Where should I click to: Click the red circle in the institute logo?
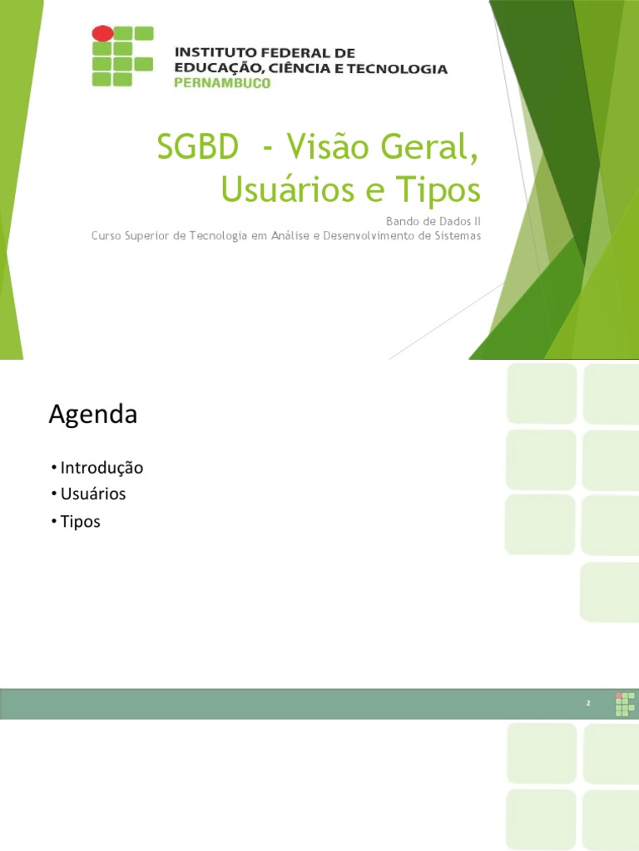[102, 34]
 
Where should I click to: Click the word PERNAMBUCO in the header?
[221, 83]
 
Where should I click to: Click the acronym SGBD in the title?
[196, 150]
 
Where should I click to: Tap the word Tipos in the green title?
[439, 190]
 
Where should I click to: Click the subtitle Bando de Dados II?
[433, 221]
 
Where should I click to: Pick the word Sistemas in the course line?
[457, 236]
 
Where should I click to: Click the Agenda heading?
[92, 415]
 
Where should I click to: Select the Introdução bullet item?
[102, 468]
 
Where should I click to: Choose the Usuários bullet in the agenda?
[92, 494]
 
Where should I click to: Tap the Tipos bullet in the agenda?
[80, 522]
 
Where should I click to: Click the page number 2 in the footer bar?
[587, 704]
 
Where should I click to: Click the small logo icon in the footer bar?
[624, 703]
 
